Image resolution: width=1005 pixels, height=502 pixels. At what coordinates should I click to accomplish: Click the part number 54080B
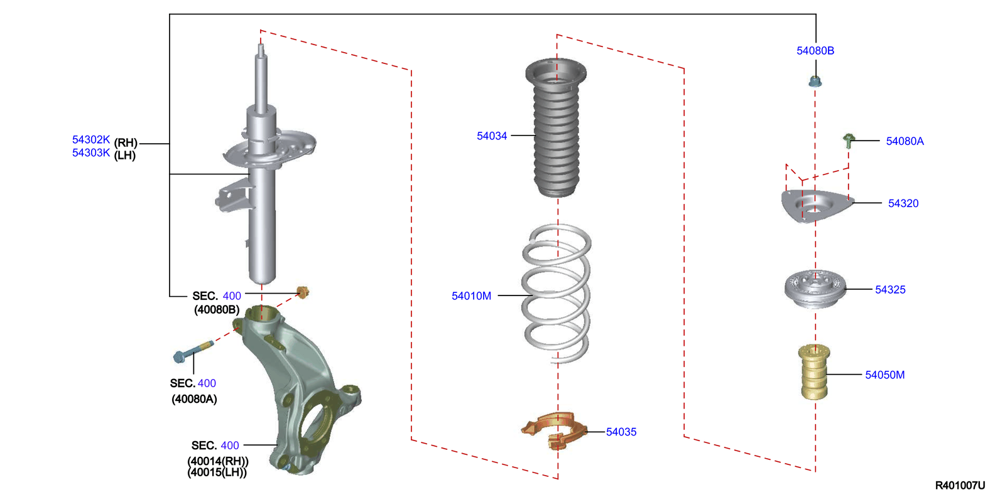pos(815,51)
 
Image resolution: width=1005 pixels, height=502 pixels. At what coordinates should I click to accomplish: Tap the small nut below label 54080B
pos(815,81)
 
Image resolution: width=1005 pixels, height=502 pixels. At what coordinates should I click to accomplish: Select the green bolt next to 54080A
pos(848,140)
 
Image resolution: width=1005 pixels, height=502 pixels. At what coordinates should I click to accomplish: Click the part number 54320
pos(903,203)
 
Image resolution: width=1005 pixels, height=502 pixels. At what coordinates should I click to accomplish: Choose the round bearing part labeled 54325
pos(815,289)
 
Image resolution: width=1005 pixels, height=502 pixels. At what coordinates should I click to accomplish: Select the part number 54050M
pos(884,375)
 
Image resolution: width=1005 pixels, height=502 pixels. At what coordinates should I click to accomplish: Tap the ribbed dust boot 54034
pos(556,132)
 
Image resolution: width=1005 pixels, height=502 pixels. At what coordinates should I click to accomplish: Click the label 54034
pos(491,136)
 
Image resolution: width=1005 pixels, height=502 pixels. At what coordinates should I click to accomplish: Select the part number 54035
pos(621,432)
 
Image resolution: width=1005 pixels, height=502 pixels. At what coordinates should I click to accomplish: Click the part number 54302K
pos(91,140)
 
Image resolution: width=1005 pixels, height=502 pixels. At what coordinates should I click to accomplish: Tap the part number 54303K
pos(91,153)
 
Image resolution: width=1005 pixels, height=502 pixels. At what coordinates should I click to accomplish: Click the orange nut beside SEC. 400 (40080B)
pos(303,292)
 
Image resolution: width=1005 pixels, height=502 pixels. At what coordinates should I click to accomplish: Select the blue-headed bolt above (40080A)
pos(193,351)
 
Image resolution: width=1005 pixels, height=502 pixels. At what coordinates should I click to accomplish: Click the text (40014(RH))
pos(217,461)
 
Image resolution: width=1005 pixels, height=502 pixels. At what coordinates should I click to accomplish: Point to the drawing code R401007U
pos(959,485)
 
